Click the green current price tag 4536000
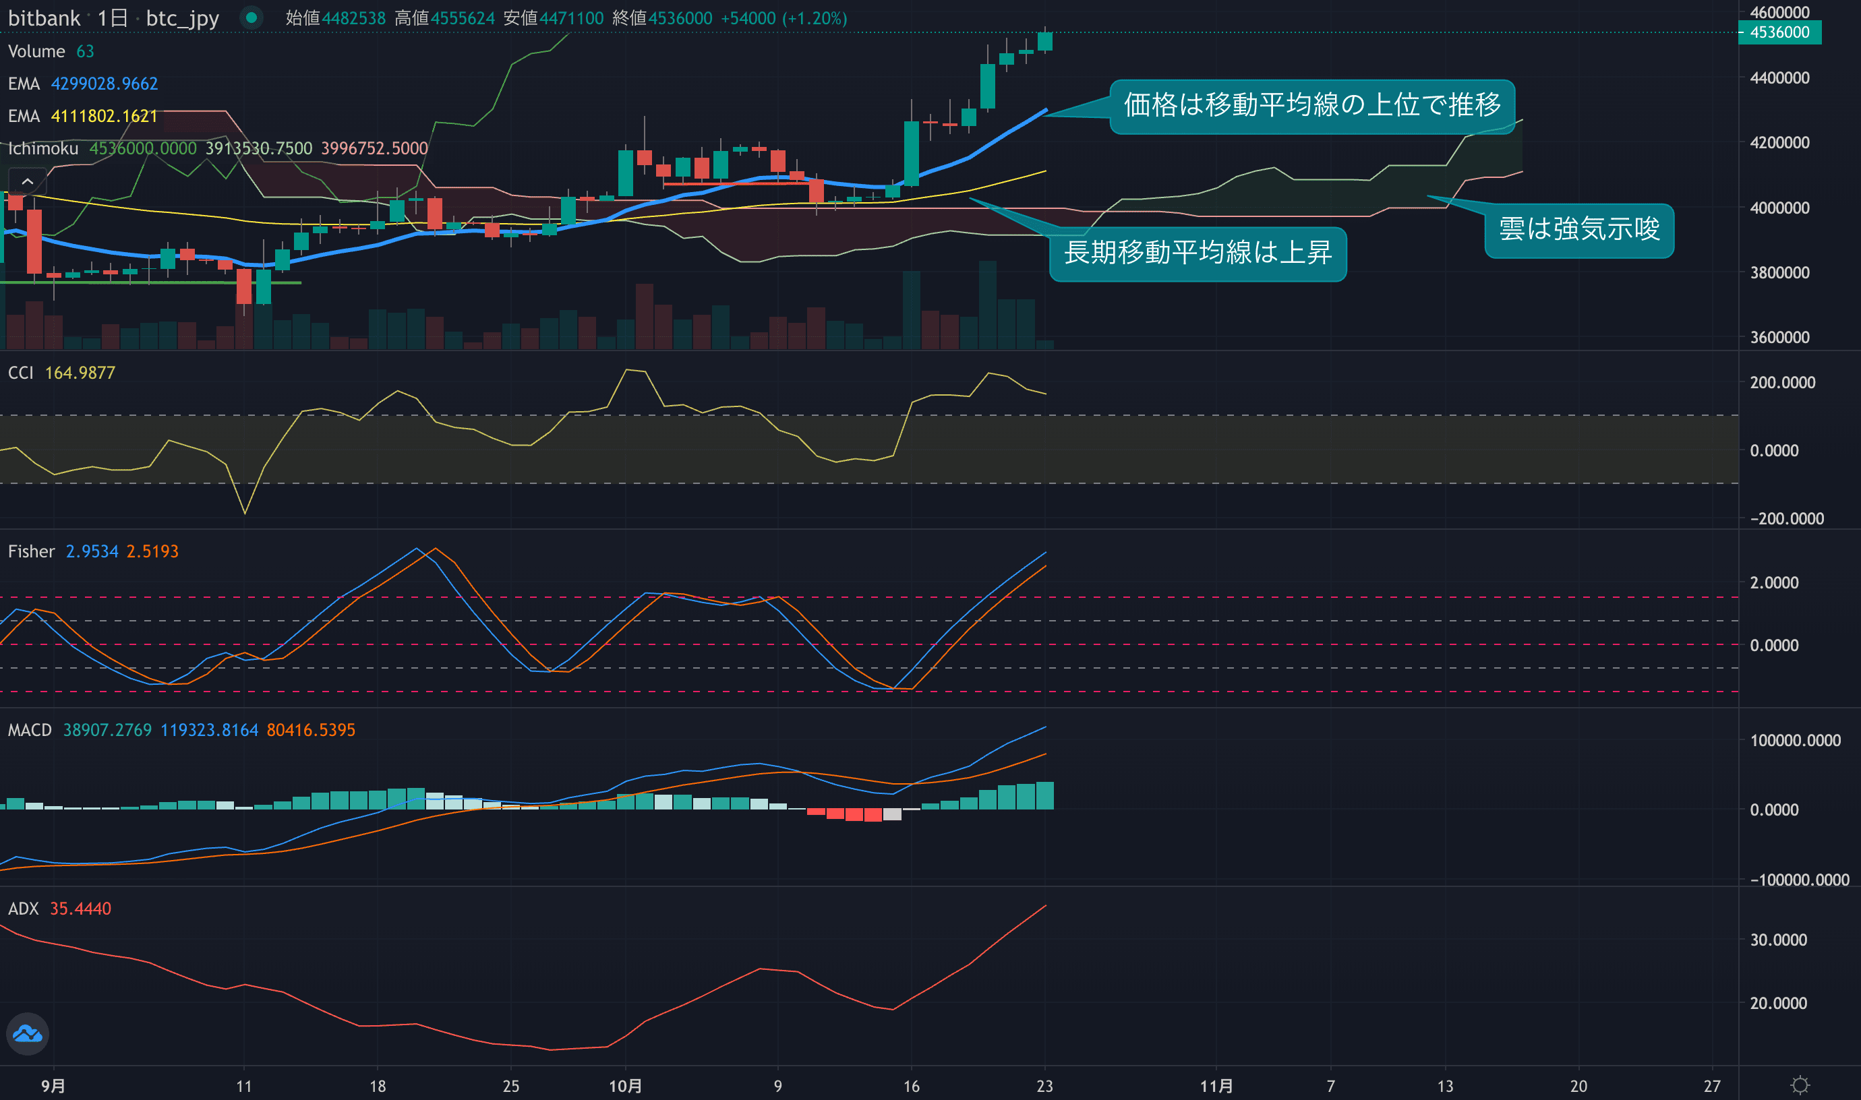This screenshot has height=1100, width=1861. tap(1779, 32)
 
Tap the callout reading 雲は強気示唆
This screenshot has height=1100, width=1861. tap(1578, 230)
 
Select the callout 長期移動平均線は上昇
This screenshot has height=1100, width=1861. tap(1198, 253)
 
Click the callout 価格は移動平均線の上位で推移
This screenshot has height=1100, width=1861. tap(1311, 105)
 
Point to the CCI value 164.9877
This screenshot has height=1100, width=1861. tap(80, 373)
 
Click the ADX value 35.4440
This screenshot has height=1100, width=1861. tap(80, 909)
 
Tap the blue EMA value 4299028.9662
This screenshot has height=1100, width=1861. tap(104, 84)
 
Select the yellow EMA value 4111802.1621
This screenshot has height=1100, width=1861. tap(104, 117)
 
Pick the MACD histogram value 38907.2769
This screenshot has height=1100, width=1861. tap(107, 730)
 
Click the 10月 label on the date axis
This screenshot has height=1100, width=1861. tap(625, 1086)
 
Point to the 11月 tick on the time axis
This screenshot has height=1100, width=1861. tap(1216, 1086)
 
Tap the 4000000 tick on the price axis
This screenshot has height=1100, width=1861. tap(1779, 208)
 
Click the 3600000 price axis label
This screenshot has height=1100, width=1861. tap(1779, 338)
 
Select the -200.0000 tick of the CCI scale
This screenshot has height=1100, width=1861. tap(1786, 519)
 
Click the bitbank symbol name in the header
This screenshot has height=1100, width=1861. tap(44, 18)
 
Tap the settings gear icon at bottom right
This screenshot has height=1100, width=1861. tap(1800, 1085)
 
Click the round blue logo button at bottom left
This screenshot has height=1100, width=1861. tap(28, 1033)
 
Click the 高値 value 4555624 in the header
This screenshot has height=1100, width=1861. tap(462, 18)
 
